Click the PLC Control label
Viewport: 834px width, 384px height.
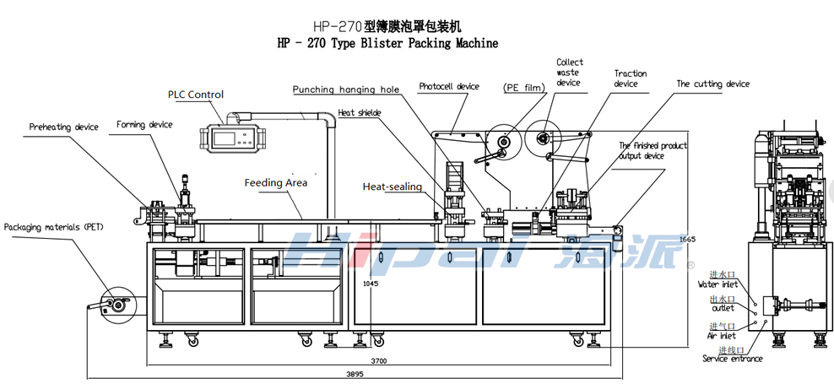(195, 95)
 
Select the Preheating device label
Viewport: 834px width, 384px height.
(64, 127)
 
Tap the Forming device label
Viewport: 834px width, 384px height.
(144, 125)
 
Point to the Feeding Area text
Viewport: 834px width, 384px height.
(276, 182)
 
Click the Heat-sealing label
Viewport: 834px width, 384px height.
(392, 187)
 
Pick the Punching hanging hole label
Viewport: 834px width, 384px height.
(346, 89)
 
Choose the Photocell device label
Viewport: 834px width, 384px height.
(449, 86)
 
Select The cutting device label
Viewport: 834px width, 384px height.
(712, 84)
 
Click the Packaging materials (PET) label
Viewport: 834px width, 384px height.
(53, 227)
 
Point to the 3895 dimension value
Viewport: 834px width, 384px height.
(355, 374)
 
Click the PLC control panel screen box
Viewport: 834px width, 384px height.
(229, 138)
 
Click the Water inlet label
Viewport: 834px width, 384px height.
(718, 284)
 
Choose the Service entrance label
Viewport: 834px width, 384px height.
(732, 359)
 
